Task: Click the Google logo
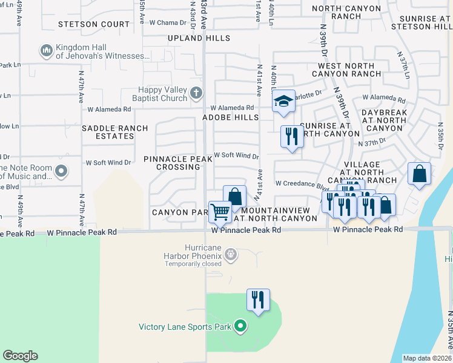pos(20,356)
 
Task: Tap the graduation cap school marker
pos(283,102)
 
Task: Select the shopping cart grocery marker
pos(220,212)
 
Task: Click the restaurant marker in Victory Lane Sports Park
pos(259,299)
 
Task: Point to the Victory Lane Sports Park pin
pos(240,327)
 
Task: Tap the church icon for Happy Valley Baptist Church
pos(196,93)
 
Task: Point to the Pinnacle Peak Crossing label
pos(178,162)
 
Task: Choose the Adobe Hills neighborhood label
pos(230,117)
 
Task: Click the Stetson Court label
pos(94,25)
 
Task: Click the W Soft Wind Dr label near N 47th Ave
pos(108,163)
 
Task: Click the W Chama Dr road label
pos(167,22)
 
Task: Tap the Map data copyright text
pos(428,358)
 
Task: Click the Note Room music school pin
pos(61,171)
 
